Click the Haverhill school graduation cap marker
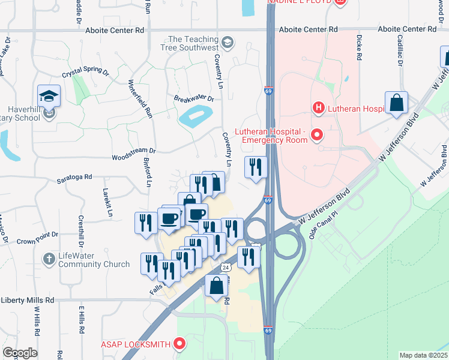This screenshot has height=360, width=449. click(49, 97)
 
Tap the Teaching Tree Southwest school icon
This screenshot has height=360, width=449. click(228, 43)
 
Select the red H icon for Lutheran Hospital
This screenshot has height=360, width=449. click(319, 108)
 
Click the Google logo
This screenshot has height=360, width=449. click(19, 353)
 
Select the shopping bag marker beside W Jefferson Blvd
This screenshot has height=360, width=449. click(397, 103)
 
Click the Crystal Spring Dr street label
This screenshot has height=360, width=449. click(85, 74)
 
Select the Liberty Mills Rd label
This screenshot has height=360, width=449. click(28, 300)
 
